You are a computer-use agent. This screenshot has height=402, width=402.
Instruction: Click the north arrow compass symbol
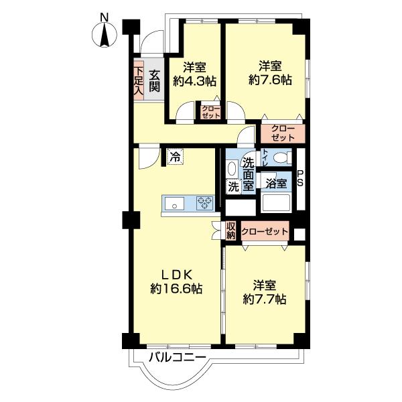(x=105, y=34)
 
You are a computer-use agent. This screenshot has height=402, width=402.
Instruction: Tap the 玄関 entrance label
(x=154, y=81)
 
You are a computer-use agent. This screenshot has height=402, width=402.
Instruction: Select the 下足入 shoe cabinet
(x=139, y=81)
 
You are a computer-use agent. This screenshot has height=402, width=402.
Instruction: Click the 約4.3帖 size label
(x=194, y=81)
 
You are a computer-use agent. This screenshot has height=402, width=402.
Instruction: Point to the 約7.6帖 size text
(x=270, y=80)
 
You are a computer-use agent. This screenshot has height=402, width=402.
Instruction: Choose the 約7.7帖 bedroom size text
(x=265, y=299)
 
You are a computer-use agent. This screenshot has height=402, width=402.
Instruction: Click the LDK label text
(x=176, y=275)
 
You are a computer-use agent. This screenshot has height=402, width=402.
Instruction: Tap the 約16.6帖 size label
(x=176, y=289)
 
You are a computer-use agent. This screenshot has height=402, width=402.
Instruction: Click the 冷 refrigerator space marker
(x=175, y=156)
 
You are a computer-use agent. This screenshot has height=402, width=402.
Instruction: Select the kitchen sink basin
(x=174, y=204)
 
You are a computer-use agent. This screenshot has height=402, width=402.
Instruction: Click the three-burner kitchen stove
(x=205, y=203)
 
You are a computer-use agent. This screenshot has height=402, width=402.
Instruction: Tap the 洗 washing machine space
(x=234, y=186)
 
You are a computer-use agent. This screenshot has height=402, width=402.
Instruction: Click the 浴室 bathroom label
(x=276, y=184)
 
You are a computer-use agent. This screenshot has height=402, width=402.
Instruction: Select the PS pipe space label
(x=300, y=178)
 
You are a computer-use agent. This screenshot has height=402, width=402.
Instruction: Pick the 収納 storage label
(x=230, y=230)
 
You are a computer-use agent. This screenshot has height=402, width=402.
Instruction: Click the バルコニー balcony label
(x=178, y=356)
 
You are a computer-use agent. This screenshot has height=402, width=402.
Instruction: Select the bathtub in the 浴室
(x=276, y=203)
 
